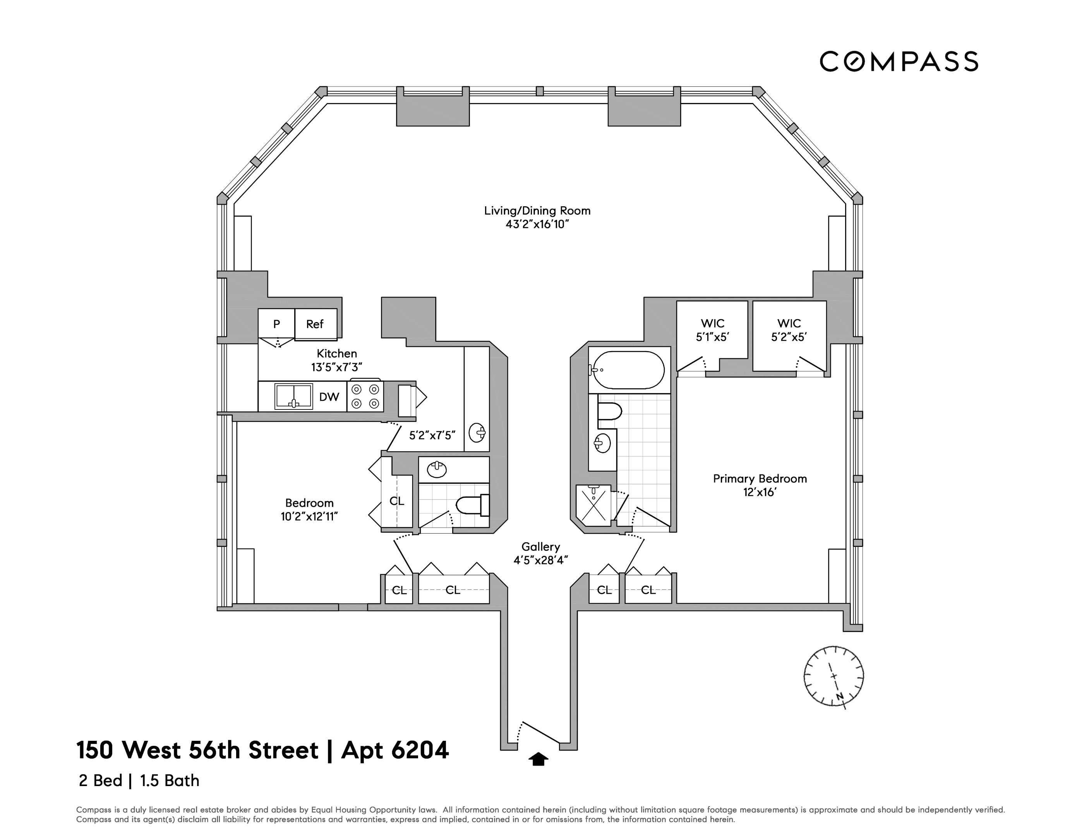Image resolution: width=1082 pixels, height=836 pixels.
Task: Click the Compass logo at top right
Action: coord(899,62)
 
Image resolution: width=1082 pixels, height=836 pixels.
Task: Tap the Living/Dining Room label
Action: coord(537,217)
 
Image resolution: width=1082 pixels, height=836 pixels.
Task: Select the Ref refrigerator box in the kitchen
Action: coord(315,324)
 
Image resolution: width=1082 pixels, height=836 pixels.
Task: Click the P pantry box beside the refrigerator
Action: coord(276,324)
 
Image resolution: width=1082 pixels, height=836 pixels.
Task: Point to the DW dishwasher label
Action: coord(329,397)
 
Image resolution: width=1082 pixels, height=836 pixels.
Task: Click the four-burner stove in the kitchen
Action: coord(365,396)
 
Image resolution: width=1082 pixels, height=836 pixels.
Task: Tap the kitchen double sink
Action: coord(293,396)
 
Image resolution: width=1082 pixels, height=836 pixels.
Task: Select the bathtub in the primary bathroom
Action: coord(629,370)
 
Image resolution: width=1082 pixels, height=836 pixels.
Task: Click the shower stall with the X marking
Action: coord(593,505)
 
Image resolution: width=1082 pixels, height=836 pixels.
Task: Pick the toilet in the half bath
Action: coord(471,505)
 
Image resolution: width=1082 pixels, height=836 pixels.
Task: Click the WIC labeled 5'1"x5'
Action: coord(712,330)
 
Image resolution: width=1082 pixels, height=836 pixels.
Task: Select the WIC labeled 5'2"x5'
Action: coord(789,330)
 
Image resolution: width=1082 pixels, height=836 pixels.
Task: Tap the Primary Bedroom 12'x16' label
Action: coord(760,485)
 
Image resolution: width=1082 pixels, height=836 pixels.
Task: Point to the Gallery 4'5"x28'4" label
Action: coord(540,553)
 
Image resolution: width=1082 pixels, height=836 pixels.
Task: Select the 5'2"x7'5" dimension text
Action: coord(432,435)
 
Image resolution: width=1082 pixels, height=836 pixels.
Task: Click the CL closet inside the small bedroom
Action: coord(397,501)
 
